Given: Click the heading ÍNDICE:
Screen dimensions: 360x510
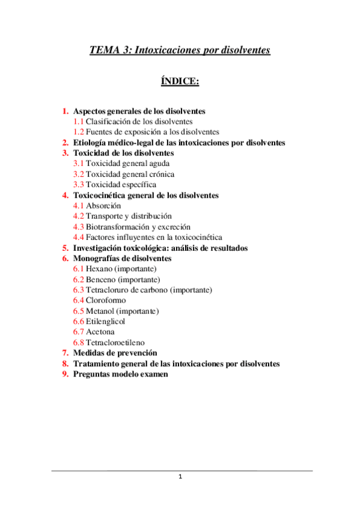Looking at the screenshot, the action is pyautogui.click(x=180, y=81).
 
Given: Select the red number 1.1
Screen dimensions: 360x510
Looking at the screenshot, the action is pyautogui.click(x=79, y=121).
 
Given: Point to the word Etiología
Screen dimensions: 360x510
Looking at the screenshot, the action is pyautogui.click(x=93, y=143).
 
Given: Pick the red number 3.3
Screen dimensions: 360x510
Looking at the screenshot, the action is pyautogui.click(x=79, y=185).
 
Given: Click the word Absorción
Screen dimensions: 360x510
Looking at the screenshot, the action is pyautogui.click(x=104, y=206).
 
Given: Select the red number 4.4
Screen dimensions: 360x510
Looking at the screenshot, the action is pyautogui.click(x=79, y=237).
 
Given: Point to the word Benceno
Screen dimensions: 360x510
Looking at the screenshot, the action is pyautogui.click(x=101, y=279).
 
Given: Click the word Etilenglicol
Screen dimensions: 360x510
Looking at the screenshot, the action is pyautogui.click(x=106, y=321).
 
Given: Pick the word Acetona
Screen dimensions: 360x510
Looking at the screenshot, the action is pyautogui.click(x=100, y=331).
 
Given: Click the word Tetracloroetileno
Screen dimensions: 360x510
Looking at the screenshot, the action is pyautogui.click(x=115, y=342).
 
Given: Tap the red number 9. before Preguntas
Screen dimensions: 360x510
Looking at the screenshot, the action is pyautogui.click(x=65, y=373).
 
